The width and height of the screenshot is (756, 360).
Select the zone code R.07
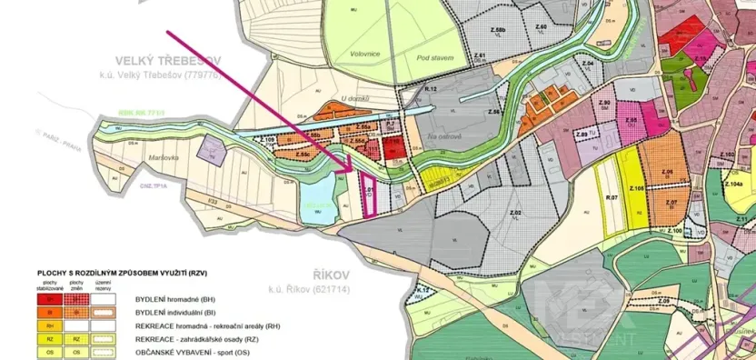click(x=612, y=196)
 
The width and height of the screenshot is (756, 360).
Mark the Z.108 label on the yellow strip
click(x=636, y=187)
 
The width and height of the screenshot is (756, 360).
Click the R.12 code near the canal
click(x=431, y=89)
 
